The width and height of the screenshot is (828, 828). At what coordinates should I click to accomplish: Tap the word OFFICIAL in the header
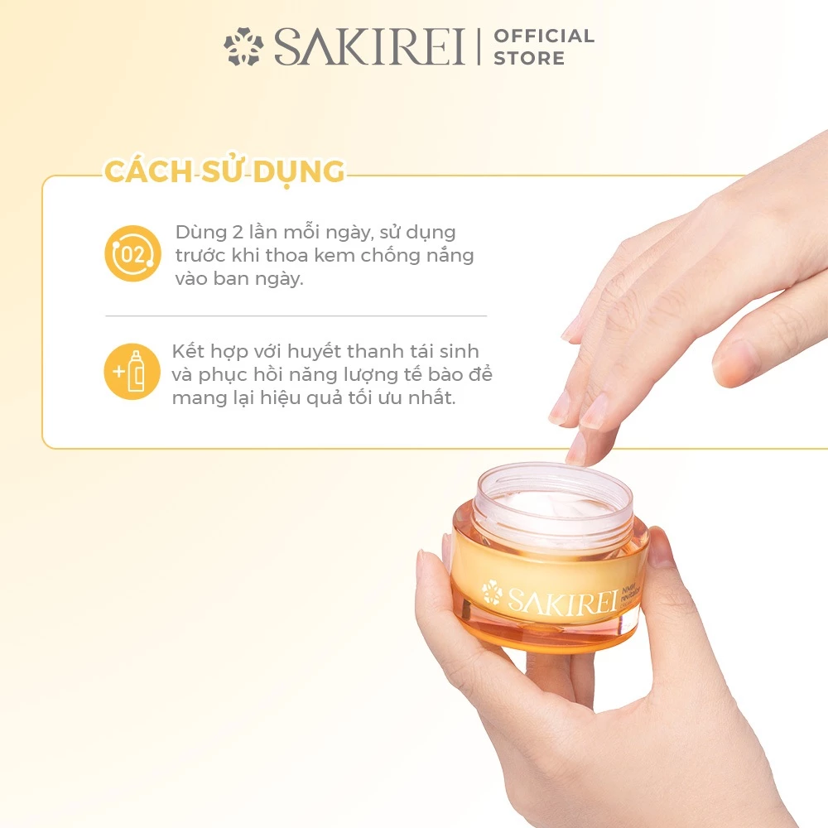pos(544,36)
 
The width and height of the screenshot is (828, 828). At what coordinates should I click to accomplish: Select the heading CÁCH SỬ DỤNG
pos(224,171)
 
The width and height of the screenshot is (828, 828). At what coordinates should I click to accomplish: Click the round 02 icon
pos(132,253)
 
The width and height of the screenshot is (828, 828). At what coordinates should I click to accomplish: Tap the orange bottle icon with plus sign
pos(132,372)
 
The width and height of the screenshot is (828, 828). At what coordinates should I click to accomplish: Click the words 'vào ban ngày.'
pos(239,279)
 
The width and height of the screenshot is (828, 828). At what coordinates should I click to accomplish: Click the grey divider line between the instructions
pos(296,315)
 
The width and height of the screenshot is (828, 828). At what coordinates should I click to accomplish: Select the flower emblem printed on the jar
pos(492,591)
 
